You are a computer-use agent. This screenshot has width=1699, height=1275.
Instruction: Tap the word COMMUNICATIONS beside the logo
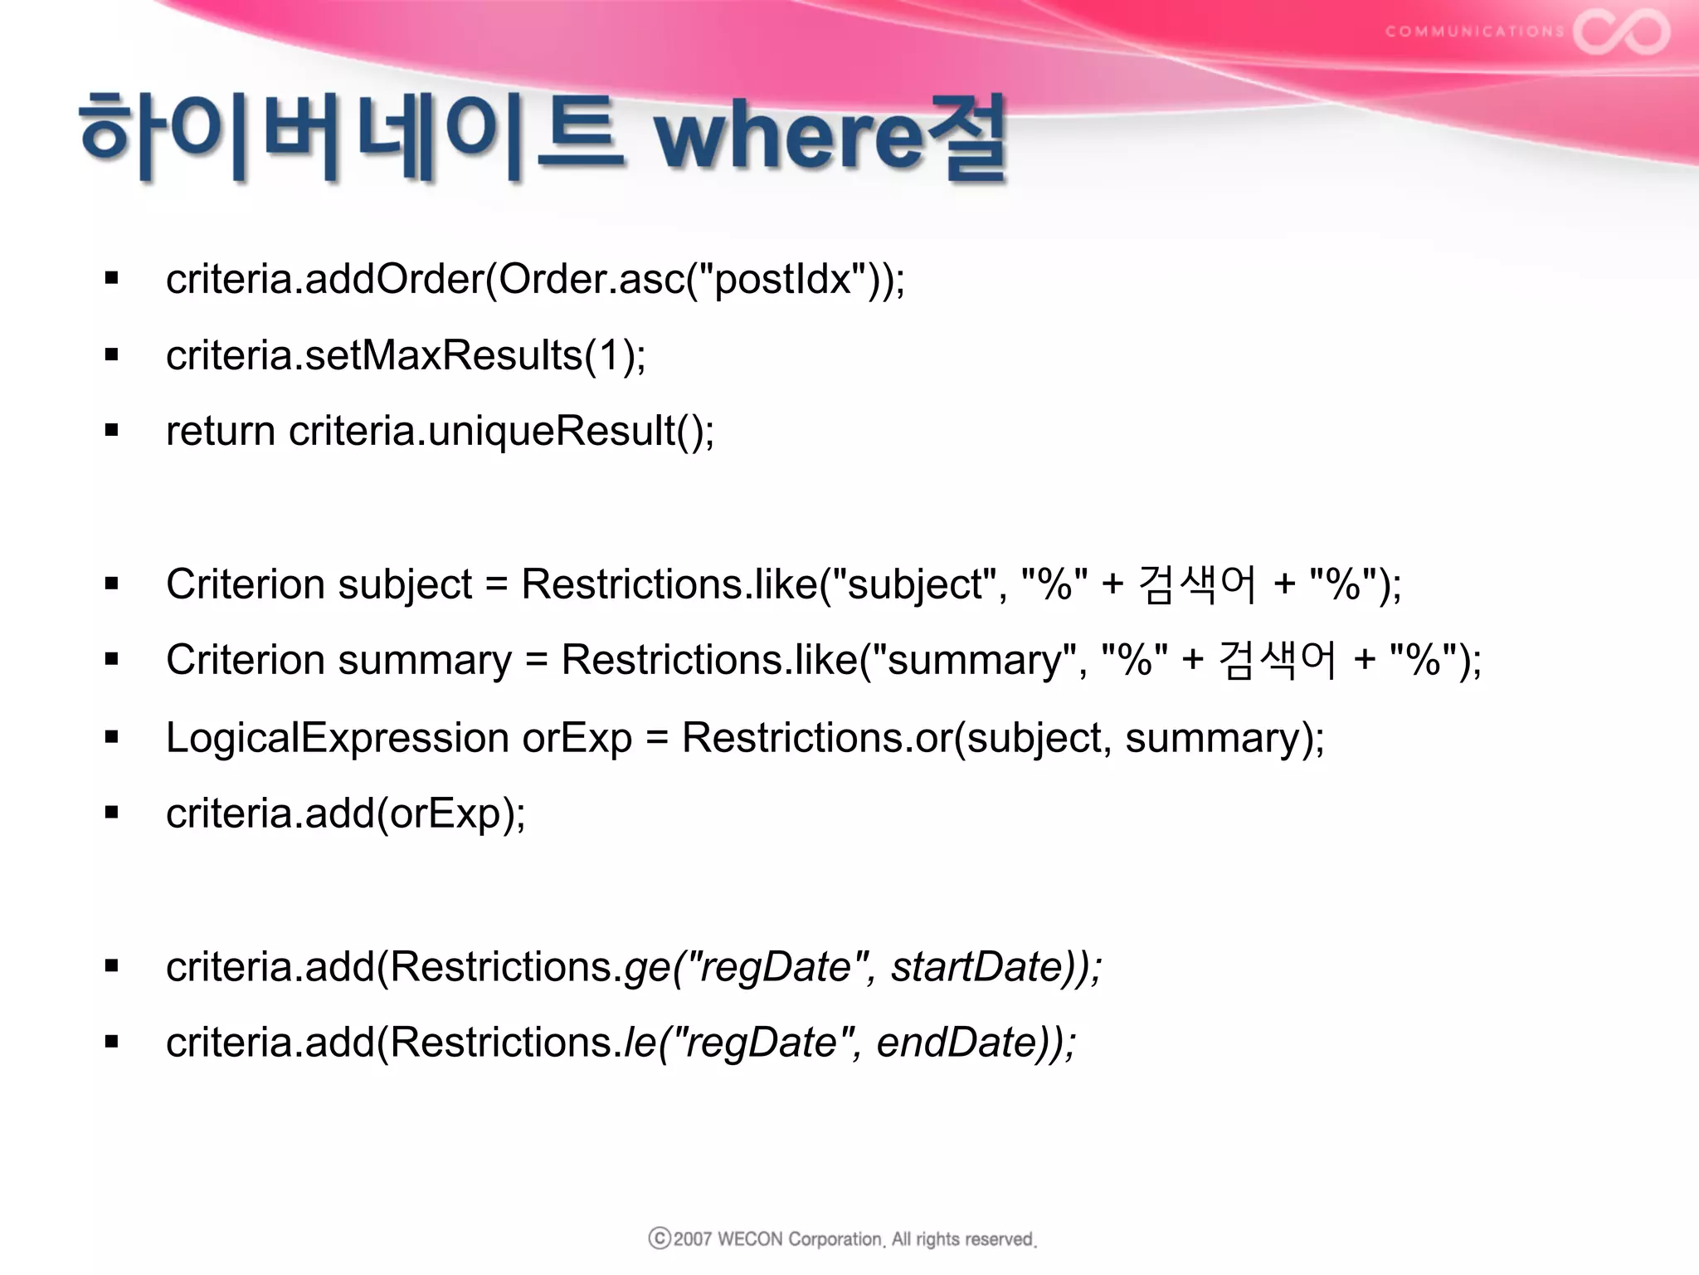pyautogui.click(x=1474, y=32)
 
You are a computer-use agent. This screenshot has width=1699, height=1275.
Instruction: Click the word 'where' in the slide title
pyautogui.click(x=788, y=137)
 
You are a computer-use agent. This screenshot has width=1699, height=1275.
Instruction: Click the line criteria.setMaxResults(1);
pyautogui.click(x=406, y=355)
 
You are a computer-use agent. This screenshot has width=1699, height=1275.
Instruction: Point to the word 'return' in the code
pyautogui.click(x=221, y=432)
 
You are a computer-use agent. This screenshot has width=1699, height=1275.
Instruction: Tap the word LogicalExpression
pyautogui.click(x=337, y=737)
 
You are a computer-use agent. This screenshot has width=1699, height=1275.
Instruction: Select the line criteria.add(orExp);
pyautogui.click(x=345, y=813)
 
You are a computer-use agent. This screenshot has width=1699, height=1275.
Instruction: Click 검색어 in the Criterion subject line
pyautogui.click(x=1197, y=584)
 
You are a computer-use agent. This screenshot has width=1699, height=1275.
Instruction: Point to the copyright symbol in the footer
pyautogui.click(x=660, y=1238)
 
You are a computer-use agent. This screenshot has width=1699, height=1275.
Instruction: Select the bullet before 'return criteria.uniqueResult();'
pyautogui.click(x=112, y=431)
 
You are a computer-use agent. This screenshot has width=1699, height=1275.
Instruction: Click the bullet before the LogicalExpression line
pyautogui.click(x=112, y=737)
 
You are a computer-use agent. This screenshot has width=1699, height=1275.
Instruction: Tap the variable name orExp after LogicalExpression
pyautogui.click(x=577, y=737)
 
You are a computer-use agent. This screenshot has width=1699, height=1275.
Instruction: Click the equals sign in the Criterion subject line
pyautogui.click(x=496, y=584)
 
